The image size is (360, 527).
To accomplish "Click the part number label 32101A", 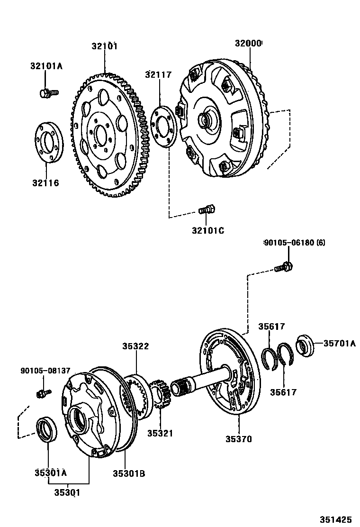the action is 46,66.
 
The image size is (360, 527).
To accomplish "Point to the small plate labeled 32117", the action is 164,127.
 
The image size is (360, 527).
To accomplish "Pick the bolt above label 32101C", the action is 207,210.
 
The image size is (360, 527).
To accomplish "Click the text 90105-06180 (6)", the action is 295,242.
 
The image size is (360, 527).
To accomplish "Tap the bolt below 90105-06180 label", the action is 283,267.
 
